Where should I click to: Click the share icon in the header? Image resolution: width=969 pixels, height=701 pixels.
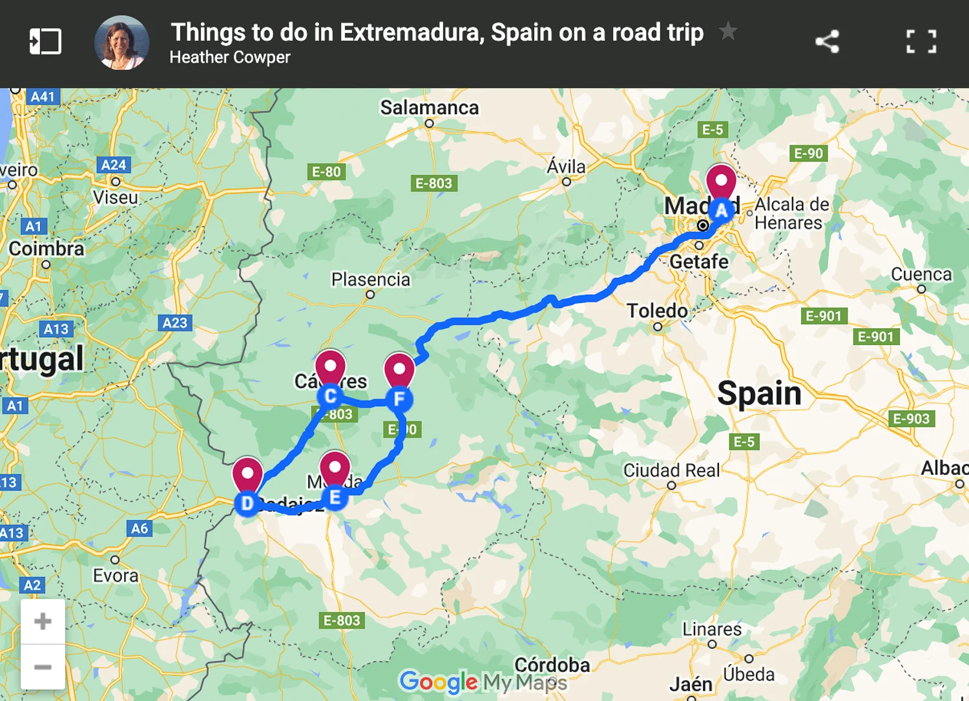pyautogui.click(x=827, y=42)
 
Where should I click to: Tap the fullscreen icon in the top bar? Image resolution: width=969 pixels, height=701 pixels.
pyautogui.click(x=921, y=42)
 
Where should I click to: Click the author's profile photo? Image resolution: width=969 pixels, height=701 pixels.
pyautogui.click(x=121, y=43)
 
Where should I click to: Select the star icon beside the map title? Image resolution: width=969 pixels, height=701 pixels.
pyautogui.click(x=728, y=31)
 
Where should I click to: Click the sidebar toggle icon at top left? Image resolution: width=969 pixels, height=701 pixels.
pyautogui.click(x=45, y=42)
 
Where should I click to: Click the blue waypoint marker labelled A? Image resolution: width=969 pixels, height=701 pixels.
pyautogui.click(x=721, y=210)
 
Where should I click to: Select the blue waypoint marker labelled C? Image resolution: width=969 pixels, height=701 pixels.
pyautogui.click(x=330, y=396)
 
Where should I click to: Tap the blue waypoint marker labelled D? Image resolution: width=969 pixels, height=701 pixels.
pyautogui.click(x=247, y=503)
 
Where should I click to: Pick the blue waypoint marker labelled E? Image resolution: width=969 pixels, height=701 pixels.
pyautogui.click(x=335, y=497)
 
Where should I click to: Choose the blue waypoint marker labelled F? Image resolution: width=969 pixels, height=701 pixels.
pyautogui.click(x=399, y=399)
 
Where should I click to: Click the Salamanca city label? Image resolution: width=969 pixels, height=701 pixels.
pyautogui.click(x=429, y=107)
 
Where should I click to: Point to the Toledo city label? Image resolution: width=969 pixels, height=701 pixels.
pyautogui.click(x=657, y=311)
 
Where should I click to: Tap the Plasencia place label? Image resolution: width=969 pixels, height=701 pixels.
pyautogui.click(x=371, y=280)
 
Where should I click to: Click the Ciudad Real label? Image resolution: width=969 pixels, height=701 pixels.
pyautogui.click(x=671, y=470)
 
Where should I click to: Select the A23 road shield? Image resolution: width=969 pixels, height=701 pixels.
pyautogui.click(x=174, y=323)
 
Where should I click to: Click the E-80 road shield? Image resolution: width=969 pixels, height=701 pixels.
pyautogui.click(x=326, y=172)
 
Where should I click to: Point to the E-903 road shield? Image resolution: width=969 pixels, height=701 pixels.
pyautogui.click(x=911, y=419)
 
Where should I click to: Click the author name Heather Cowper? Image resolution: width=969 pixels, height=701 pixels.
pyautogui.click(x=230, y=58)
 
